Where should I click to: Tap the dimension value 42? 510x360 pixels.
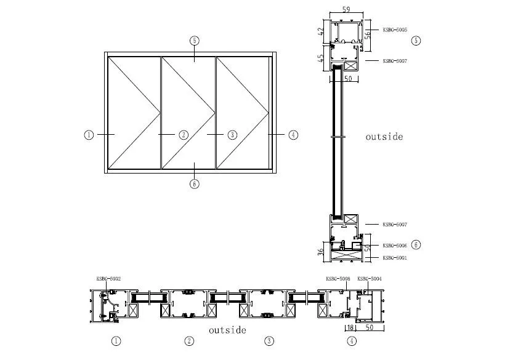[x=321, y=31]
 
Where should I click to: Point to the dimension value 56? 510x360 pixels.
[x=368, y=33]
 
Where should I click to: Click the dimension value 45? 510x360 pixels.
[x=321, y=58]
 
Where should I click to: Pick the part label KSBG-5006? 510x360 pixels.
[x=395, y=245]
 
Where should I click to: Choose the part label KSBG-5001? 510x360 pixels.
[x=395, y=258]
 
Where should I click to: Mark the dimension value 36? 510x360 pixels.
[x=321, y=251]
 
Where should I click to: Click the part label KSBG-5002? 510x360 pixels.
[x=108, y=279]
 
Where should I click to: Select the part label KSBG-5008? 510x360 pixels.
[x=338, y=279]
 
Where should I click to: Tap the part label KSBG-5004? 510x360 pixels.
[x=370, y=279]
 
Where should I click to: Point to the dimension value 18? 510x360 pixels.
[x=350, y=328]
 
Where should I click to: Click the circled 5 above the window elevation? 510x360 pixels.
[x=195, y=41]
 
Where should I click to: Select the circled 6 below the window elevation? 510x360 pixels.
[x=195, y=183]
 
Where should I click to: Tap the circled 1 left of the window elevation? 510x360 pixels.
[x=89, y=135]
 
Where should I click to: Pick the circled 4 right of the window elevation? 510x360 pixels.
[x=293, y=135]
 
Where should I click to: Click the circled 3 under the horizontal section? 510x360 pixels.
[x=269, y=341]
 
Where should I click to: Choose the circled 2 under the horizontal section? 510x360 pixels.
[x=190, y=341]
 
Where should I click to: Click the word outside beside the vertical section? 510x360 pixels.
[x=384, y=137]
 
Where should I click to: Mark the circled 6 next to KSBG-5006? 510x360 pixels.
[x=416, y=245]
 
